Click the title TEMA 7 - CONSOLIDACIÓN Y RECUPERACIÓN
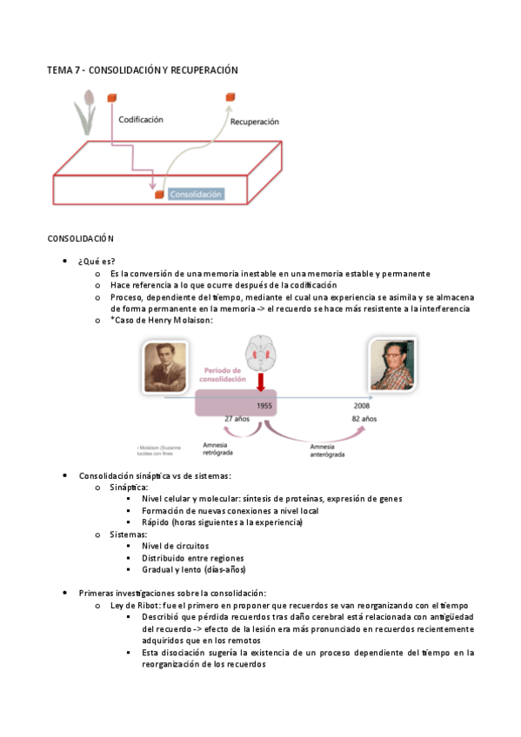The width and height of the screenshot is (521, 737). pos(143,70)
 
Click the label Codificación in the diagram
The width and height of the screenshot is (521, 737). pos(141,119)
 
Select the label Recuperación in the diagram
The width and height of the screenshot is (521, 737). pos(254,123)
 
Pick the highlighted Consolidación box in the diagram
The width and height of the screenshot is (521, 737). pos(196,194)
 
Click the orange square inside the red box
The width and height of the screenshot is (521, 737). pos(159,195)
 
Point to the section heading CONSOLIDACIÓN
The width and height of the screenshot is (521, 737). pos(81,238)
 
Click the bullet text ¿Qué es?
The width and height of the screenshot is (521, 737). pos(97,261)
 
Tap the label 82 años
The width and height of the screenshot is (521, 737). pos(364,419)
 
